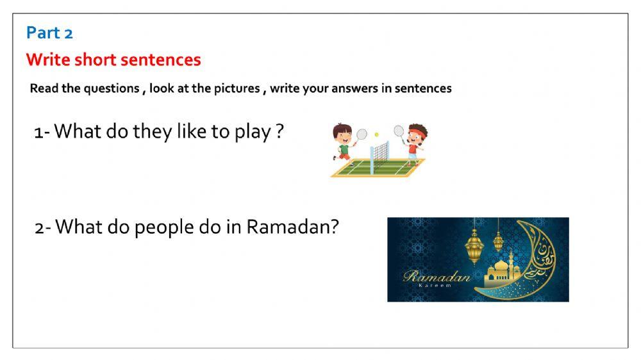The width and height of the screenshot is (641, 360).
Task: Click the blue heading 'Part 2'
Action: pyautogui.click(x=49, y=33)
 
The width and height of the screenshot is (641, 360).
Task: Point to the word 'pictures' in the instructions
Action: pyautogui.click(x=238, y=88)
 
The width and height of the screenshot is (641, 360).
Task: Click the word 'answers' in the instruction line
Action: pyautogui.click(x=356, y=88)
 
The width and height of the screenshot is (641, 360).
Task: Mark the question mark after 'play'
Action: pyautogui.click(x=279, y=133)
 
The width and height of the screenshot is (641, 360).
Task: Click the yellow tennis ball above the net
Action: pyautogui.click(x=376, y=135)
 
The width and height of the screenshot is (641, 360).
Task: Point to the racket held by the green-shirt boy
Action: pyautogui.click(x=362, y=135)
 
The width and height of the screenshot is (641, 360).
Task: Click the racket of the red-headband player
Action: pyautogui.click(x=399, y=131)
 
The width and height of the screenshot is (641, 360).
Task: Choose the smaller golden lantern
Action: pyautogui.click(x=498, y=240)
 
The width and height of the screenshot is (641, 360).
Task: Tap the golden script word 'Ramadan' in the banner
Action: pyautogui.click(x=437, y=277)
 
